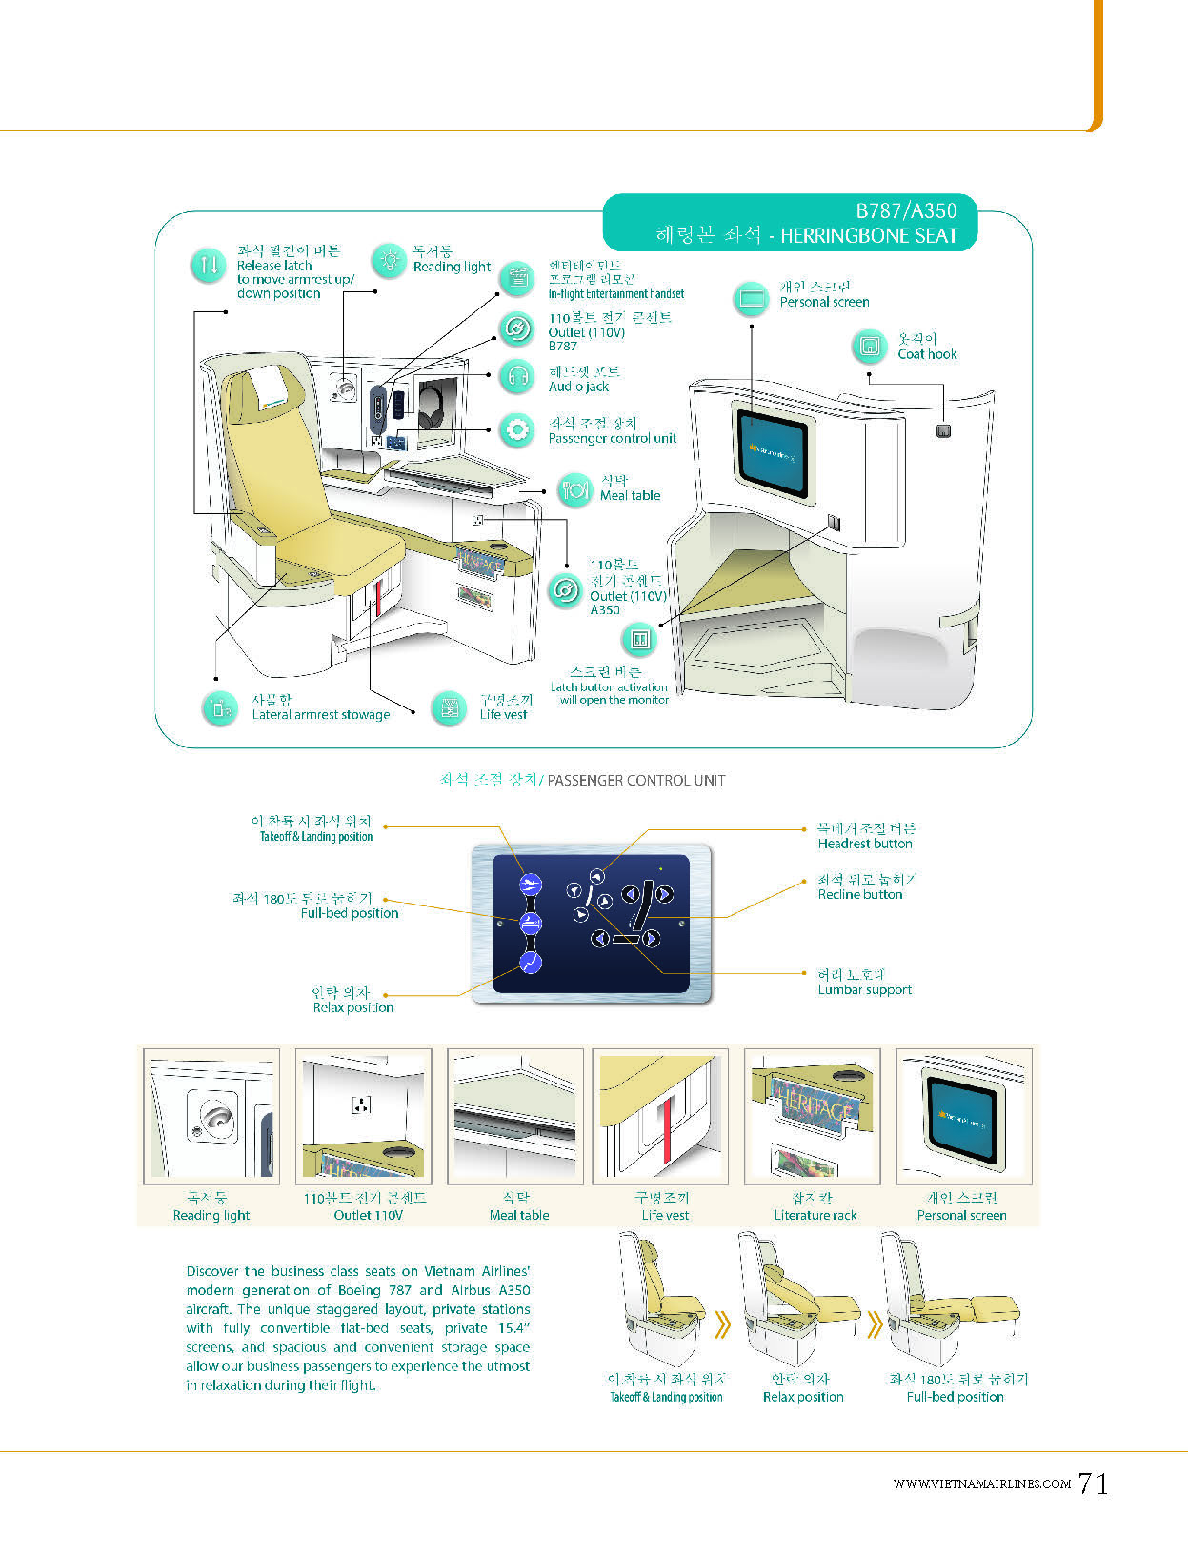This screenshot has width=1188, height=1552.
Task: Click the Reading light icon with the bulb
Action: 389,259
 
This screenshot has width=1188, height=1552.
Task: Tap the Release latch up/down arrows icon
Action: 208,266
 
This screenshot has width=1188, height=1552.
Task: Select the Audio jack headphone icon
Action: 517,377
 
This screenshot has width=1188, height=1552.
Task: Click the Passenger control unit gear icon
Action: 517,430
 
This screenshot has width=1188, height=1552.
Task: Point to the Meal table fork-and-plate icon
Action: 574,490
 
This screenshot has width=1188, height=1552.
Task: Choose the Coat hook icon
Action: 869,346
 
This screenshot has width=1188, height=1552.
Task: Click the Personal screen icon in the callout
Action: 752,299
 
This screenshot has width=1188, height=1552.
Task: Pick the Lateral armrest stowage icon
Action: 220,707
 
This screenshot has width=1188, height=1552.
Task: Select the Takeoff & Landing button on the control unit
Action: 531,885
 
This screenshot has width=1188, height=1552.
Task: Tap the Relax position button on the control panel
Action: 531,963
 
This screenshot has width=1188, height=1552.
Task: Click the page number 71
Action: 1094,1483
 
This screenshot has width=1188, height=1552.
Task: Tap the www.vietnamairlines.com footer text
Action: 981,1483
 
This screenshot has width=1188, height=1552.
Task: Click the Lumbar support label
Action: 864,990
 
